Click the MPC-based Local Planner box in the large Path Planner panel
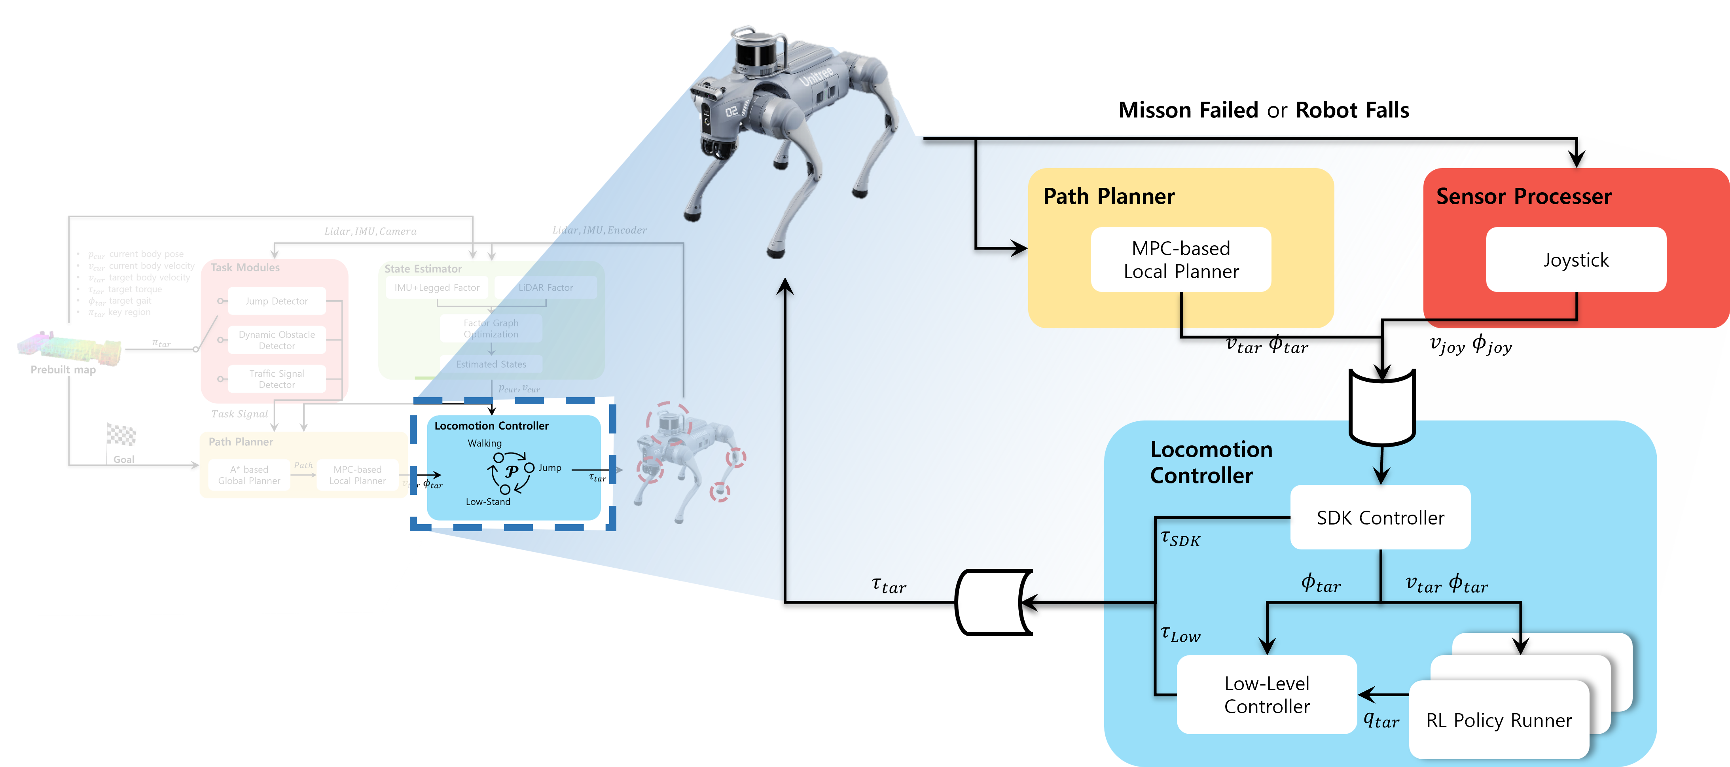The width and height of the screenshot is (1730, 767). [x=1180, y=260]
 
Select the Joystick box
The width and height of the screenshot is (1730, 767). [x=1576, y=260]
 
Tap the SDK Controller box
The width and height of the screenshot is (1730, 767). [x=1380, y=518]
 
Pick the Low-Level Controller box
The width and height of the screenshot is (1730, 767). [x=1267, y=695]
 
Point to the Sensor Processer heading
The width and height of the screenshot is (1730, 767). [x=1523, y=196]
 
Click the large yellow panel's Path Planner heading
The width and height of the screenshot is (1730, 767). [x=1109, y=196]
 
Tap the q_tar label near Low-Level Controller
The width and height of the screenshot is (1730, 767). [x=1381, y=720]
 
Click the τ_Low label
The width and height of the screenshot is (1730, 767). [x=1180, y=634]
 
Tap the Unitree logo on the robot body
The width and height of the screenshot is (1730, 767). [x=816, y=77]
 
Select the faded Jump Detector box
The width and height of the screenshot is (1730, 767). [x=277, y=301]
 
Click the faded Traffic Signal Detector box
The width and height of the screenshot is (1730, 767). [x=277, y=379]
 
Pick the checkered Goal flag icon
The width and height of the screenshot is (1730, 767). [x=121, y=435]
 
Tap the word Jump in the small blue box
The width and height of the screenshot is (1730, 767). [x=550, y=468]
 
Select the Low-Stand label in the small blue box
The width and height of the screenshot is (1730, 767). [x=488, y=502]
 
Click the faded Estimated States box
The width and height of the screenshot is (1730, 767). [x=491, y=364]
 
